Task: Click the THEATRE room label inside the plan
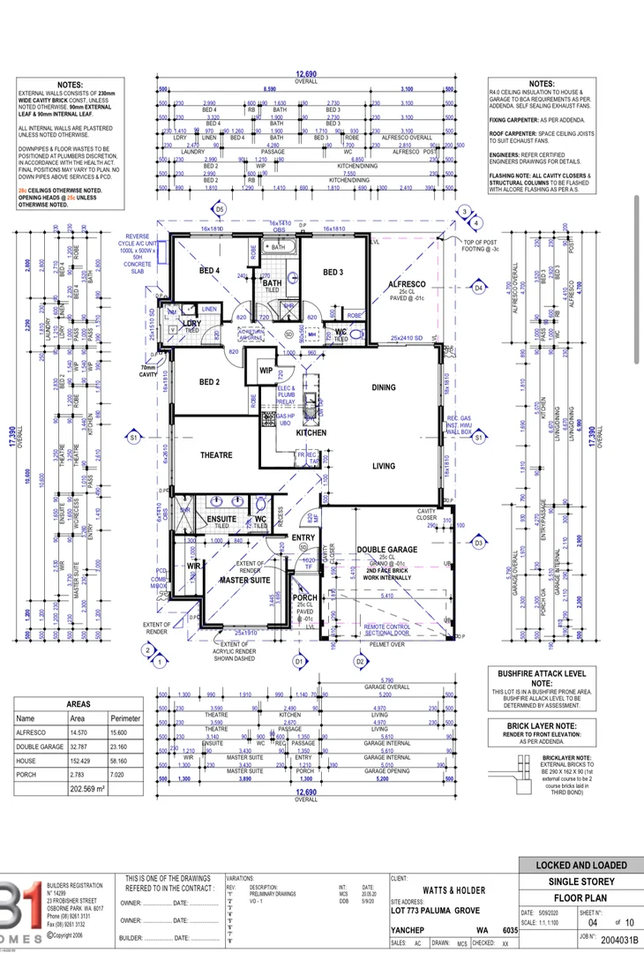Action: [x=216, y=455]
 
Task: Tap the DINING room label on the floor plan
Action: [x=384, y=387]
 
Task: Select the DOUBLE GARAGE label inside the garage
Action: [x=386, y=550]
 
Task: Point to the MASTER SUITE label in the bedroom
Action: [x=245, y=580]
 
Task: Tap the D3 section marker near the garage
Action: [x=479, y=544]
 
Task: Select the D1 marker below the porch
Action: [x=298, y=660]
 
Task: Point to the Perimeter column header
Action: [x=124, y=718]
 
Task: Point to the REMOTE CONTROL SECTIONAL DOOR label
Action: [x=387, y=630]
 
